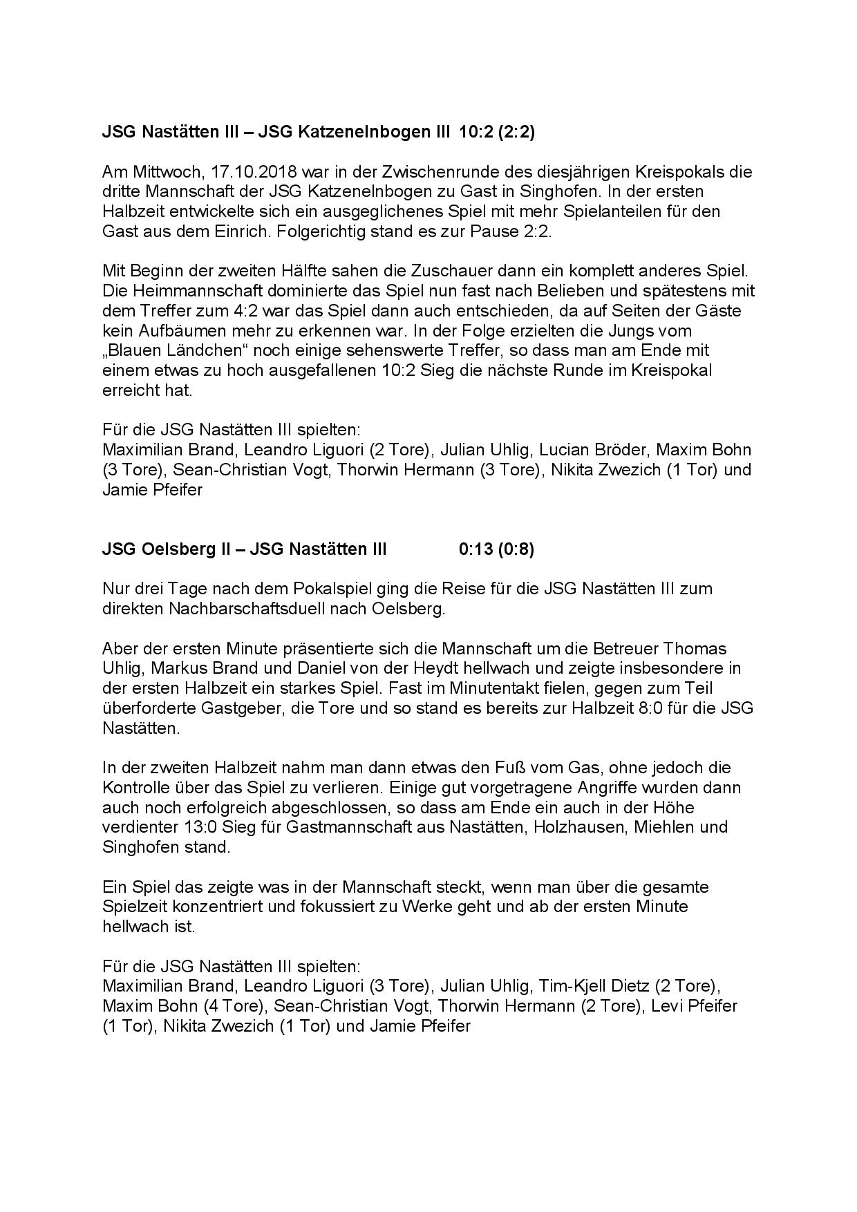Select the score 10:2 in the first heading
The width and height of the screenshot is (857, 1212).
(475, 132)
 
